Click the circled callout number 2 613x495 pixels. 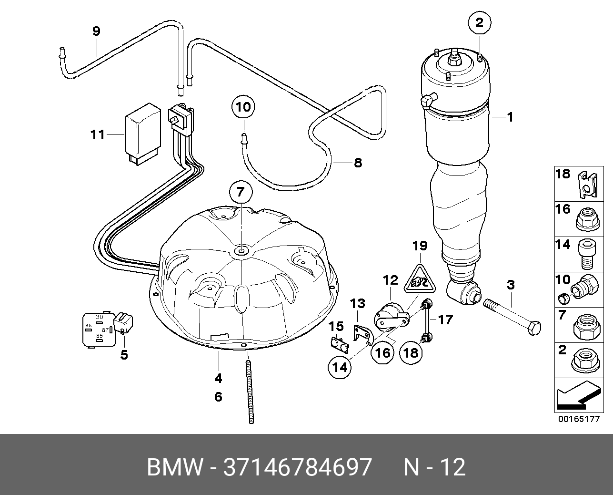479,22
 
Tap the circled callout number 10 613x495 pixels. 243,107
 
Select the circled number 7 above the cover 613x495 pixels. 240,193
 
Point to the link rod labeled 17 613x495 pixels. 427,320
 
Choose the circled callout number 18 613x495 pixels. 411,352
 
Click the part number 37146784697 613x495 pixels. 297,468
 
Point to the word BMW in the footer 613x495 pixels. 174,468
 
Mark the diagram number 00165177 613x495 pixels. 579,420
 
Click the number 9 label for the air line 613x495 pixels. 96,31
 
